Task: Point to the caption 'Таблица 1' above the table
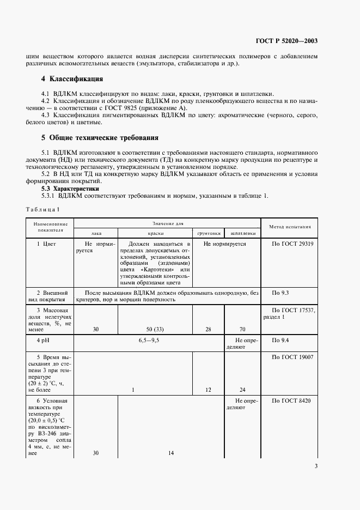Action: [42, 209]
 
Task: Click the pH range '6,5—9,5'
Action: [149, 340]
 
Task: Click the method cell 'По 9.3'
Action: [281, 293]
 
